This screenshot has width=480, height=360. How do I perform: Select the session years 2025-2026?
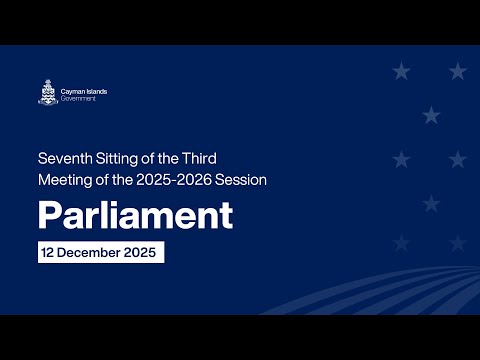[x=180, y=179]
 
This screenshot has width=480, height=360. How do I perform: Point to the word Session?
[x=244, y=179]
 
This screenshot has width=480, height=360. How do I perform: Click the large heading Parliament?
[x=135, y=214]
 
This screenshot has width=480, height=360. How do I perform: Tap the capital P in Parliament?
[x=49, y=214]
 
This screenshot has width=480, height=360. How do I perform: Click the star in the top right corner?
[x=457, y=71]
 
